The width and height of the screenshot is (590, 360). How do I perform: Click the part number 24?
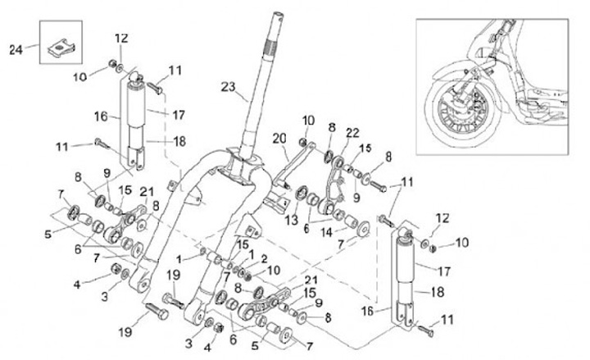click(x=16, y=49)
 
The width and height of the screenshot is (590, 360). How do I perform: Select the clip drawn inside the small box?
click(x=61, y=48)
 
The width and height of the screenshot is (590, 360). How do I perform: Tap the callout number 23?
click(x=228, y=87)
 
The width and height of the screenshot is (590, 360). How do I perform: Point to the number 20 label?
click(x=279, y=139)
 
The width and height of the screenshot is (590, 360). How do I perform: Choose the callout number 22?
click(x=352, y=133)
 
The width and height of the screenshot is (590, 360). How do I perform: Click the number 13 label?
click(x=291, y=220)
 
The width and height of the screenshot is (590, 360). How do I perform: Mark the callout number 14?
click(x=326, y=232)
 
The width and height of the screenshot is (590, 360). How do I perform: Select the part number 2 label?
click(x=264, y=258)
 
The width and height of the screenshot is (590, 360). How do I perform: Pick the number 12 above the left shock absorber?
click(x=121, y=39)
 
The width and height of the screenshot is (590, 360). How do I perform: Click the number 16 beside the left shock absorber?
click(x=101, y=116)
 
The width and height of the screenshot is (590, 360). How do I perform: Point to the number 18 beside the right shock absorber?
click(x=438, y=292)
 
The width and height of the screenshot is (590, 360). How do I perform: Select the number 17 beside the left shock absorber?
click(x=179, y=115)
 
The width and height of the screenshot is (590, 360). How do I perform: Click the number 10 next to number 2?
click(x=274, y=271)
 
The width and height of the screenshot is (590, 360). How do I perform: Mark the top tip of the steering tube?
click(x=278, y=14)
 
